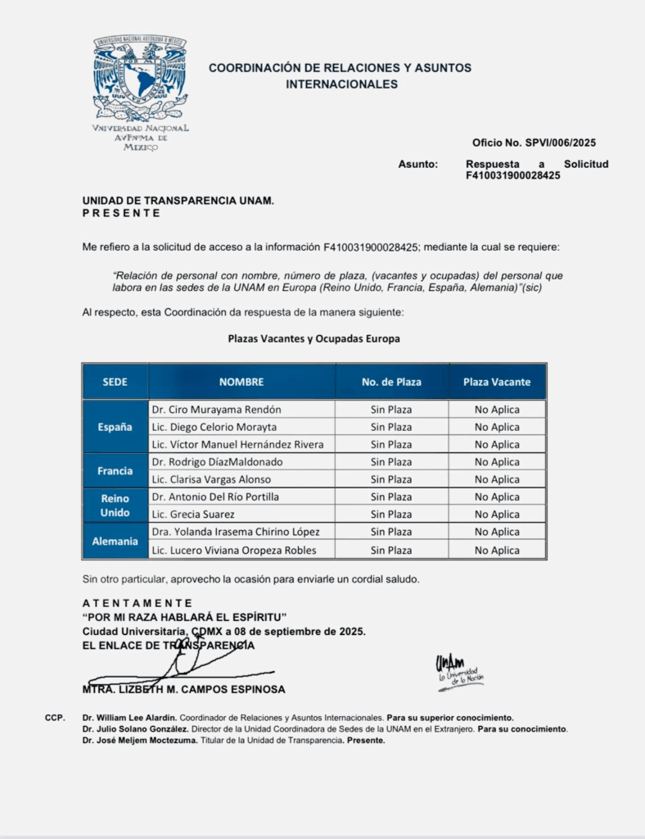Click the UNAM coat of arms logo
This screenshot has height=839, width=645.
coord(141,79)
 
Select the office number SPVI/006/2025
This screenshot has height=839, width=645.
coord(534,143)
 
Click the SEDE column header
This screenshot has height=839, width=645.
coord(115,382)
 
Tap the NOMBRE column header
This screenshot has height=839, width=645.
coord(241,382)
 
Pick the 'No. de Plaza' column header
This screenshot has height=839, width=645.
coord(391,382)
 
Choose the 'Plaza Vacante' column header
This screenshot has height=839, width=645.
coord(497,382)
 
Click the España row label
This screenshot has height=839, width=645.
coord(115,427)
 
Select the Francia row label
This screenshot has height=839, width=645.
coord(115,471)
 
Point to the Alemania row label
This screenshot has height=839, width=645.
coord(115,541)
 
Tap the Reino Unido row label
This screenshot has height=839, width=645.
coord(115,506)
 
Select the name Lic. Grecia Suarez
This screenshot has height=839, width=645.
coord(193,515)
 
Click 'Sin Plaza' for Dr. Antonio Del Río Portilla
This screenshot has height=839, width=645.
coord(391,497)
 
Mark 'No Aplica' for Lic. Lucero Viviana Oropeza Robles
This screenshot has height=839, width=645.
coord(497,551)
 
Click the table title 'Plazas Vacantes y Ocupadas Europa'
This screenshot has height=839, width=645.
coord(313,338)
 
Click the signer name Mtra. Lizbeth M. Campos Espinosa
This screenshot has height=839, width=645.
coord(184,690)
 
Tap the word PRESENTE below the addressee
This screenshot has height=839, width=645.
coord(121,213)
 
